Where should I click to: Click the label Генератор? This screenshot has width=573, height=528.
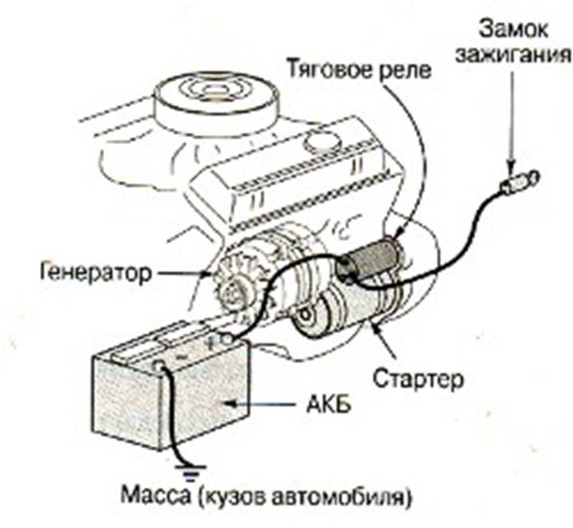[x=95, y=272]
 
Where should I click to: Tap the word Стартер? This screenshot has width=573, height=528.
[x=418, y=379]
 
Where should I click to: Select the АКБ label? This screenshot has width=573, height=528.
[x=328, y=404]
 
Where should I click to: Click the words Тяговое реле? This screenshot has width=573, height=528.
[x=359, y=68]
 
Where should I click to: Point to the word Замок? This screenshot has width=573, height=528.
[x=513, y=29]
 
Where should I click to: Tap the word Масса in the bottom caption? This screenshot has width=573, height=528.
[x=156, y=494]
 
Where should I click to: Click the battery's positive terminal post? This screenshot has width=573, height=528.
[x=226, y=340]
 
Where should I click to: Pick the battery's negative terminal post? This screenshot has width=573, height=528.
[x=159, y=365]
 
